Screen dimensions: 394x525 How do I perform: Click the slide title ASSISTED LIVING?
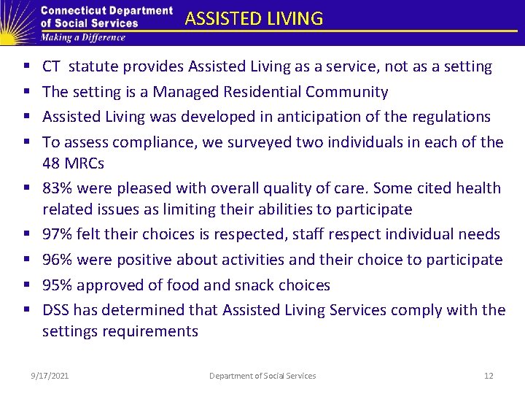pyautogui.click(x=254, y=19)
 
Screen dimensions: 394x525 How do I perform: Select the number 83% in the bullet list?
pyautogui.click(x=58, y=188)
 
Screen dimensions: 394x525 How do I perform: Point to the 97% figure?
pyautogui.click(x=58, y=234)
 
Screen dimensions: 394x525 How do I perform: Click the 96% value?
pyautogui.click(x=58, y=259)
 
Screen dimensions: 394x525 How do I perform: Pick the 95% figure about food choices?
pyautogui.click(x=58, y=285)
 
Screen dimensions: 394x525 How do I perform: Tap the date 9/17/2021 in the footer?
pyautogui.click(x=50, y=376)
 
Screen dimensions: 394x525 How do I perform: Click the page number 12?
pyautogui.click(x=489, y=376)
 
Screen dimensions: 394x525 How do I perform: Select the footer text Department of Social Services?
pyautogui.click(x=262, y=376)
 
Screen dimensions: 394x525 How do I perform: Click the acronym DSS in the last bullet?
pyautogui.click(x=56, y=309)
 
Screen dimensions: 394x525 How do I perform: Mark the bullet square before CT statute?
pyautogui.click(x=27, y=67)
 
